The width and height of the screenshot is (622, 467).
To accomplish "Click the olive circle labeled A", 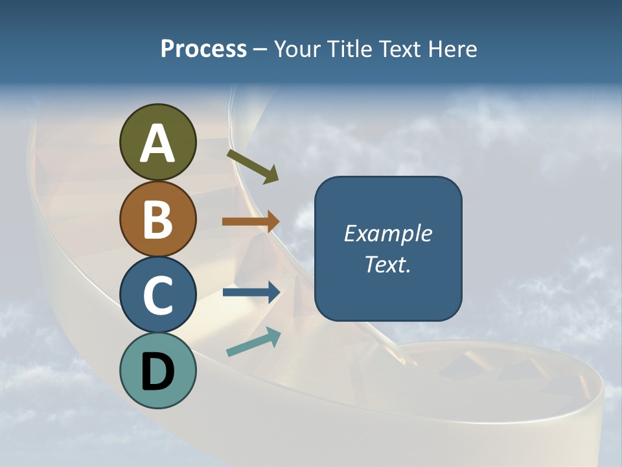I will pos(157,142).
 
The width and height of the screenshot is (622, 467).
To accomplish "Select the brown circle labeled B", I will pos(157,219).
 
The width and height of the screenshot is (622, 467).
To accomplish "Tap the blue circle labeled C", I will pos(157,294).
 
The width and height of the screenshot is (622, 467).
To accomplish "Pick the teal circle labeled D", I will pos(157,370).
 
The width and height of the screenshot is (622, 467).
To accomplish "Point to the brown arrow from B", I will pos(251,221).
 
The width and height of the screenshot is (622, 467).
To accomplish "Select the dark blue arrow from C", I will pos(251,293).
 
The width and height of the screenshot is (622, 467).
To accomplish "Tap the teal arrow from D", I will pos(253,342).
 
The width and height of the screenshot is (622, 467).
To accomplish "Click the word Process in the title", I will pos(203,49).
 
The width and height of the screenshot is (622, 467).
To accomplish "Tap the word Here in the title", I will pos(454,49).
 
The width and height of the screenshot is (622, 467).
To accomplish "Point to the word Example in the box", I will pos(387,233).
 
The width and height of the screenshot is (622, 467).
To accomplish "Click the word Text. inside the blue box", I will pos(387,265).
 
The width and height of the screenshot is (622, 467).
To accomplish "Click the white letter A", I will pos(157,143).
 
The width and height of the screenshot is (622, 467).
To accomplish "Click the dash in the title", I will pos(260,50).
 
